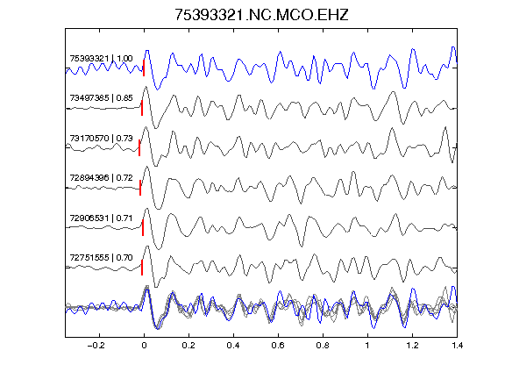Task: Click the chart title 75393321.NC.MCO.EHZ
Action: [x=261, y=15]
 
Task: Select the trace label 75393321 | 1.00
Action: [x=101, y=58]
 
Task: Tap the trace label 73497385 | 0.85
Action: [x=101, y=98]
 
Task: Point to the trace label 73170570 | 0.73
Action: [x=101, y=139]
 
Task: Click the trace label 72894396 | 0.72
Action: [x=101, y=178]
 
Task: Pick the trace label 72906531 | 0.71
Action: [x=101, y=218]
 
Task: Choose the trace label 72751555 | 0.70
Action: [x=101, y=258]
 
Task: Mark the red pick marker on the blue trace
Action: [x=144, y=68]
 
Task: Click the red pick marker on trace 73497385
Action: [x=142, y=108]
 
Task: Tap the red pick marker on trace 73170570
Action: [x=139, y=148]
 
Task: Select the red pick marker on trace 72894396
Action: [x=140, y=188]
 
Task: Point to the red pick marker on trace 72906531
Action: [x=143, y=228]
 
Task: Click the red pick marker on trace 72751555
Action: [x=142, y=268]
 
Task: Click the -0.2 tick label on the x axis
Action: [x=96, y=346]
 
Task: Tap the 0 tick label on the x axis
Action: [x=144, y=346]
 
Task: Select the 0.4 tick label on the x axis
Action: [x=233, y=346]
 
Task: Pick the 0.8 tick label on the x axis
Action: [x=323, y=346]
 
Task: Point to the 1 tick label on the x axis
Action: [x=367, y=346]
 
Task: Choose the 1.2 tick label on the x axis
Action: [x=412, y=346]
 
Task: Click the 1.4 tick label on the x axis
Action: [x=457, y=346]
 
